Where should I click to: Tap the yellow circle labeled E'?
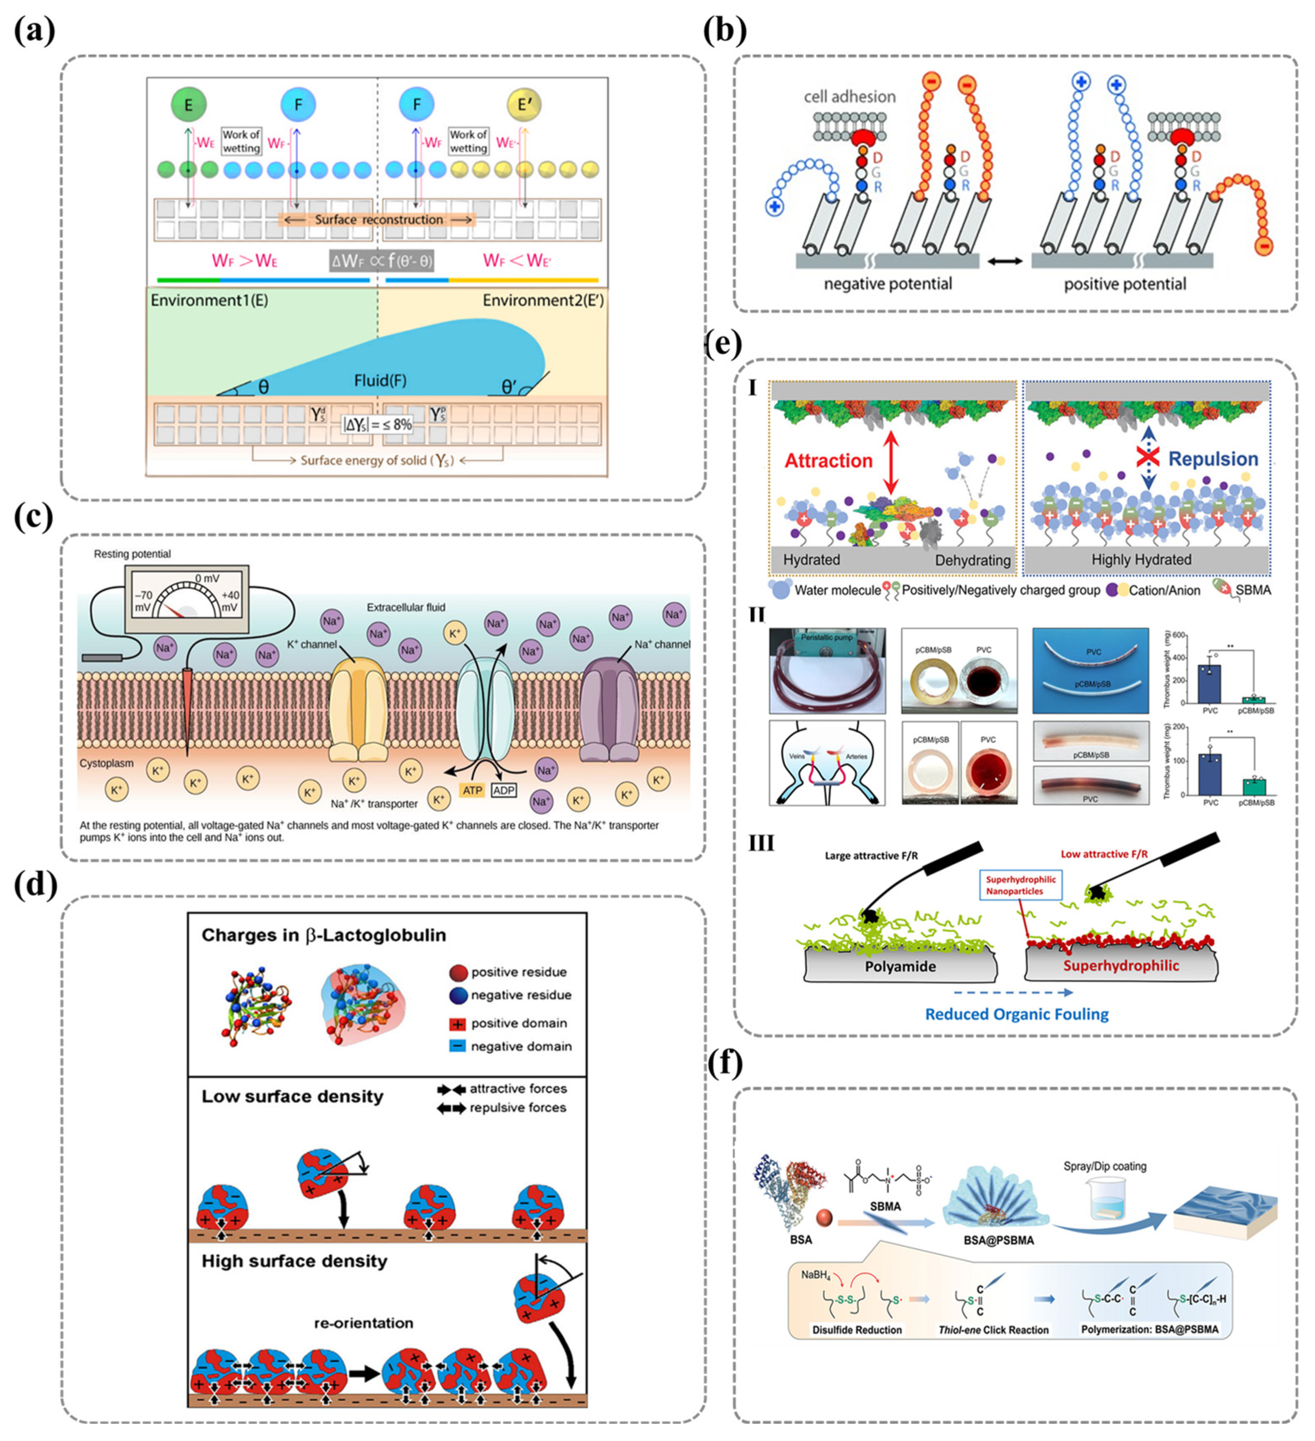524,105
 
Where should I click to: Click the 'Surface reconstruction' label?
378,219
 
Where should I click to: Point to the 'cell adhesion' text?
850,97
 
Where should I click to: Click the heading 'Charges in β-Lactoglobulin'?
324,935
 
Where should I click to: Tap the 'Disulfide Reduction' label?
857,1329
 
